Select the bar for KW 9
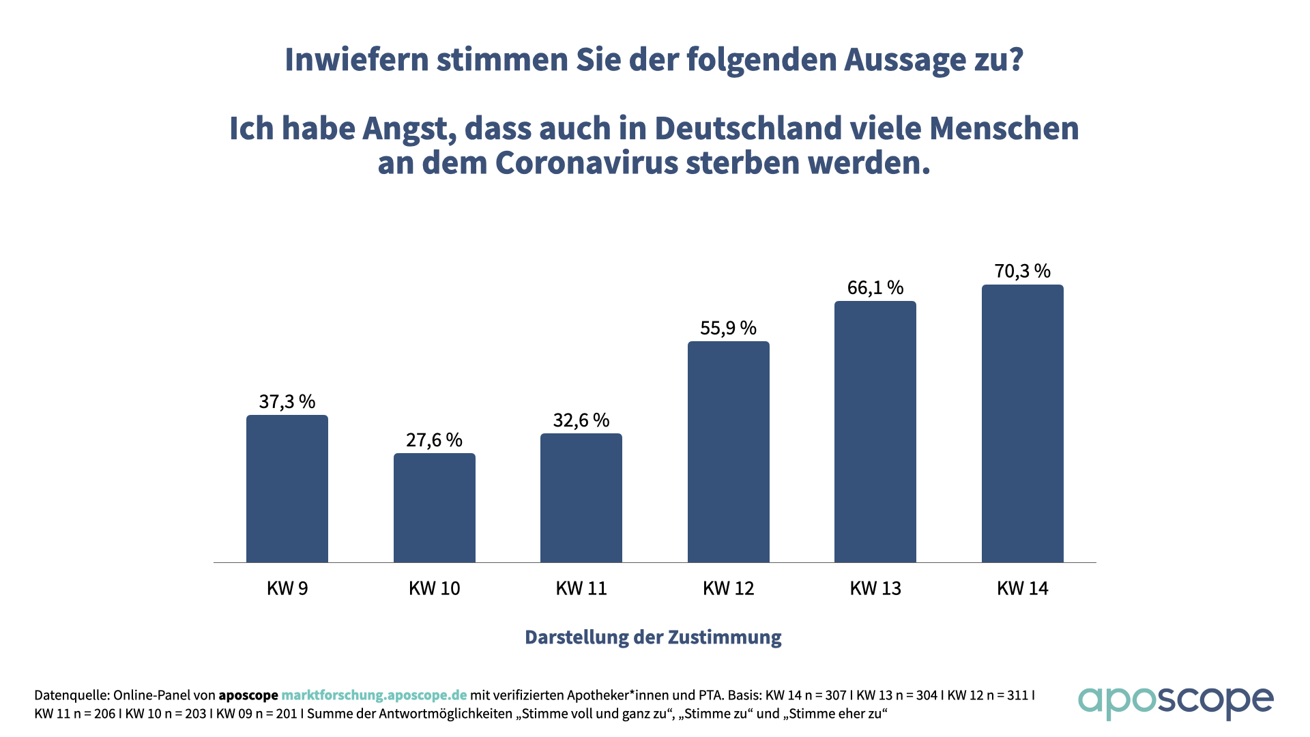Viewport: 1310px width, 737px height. tap(287, 489)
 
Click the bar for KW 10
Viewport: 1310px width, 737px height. tap(435, 508)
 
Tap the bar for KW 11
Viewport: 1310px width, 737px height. tap(581, 498)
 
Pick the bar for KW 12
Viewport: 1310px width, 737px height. tap(729, 452)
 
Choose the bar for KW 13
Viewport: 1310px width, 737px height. tap(875, 432)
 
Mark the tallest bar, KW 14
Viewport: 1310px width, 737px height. tap(1023, 424)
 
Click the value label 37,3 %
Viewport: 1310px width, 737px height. tap(287, 401)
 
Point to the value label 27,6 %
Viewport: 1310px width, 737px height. tap(435, 439)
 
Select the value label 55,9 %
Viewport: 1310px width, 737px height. tap(729, 328)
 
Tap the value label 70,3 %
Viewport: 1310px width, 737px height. tap(1023, 271)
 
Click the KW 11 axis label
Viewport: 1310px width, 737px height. tap(581, 588)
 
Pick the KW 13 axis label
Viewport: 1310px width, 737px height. tap(875, 588)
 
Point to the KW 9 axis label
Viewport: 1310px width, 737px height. tap(287, 588)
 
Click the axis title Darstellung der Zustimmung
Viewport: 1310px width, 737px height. tap(653, 637)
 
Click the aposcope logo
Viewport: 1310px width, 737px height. tap(1176, 702)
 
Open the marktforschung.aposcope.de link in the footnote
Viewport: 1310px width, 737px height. tap(374, 695)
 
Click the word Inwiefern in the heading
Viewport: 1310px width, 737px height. tap(357, 59)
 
